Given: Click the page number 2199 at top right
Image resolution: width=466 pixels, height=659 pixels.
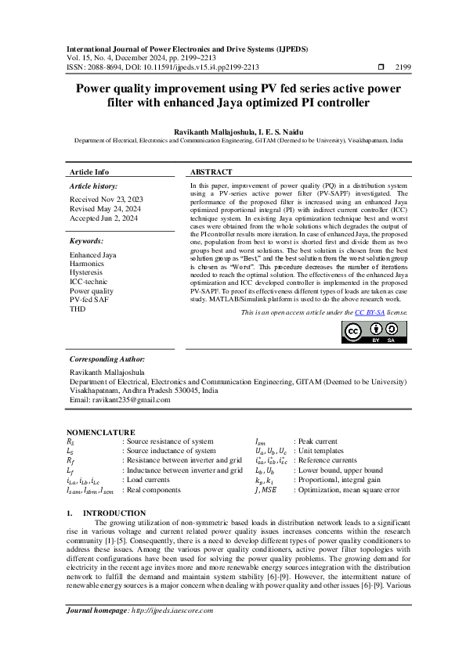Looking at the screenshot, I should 405,68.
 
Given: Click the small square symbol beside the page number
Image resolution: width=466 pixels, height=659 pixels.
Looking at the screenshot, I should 381,68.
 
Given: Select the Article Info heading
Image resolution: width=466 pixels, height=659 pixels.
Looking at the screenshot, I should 89,172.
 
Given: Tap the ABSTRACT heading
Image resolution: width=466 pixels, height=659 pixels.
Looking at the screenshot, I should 211,172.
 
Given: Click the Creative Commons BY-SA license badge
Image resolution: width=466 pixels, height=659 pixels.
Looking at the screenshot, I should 374,333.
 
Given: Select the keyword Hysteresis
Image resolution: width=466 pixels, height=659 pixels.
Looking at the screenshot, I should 87,272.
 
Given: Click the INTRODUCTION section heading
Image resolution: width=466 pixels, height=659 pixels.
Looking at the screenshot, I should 119,513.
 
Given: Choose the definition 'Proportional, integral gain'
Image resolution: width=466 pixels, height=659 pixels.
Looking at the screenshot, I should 338,479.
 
